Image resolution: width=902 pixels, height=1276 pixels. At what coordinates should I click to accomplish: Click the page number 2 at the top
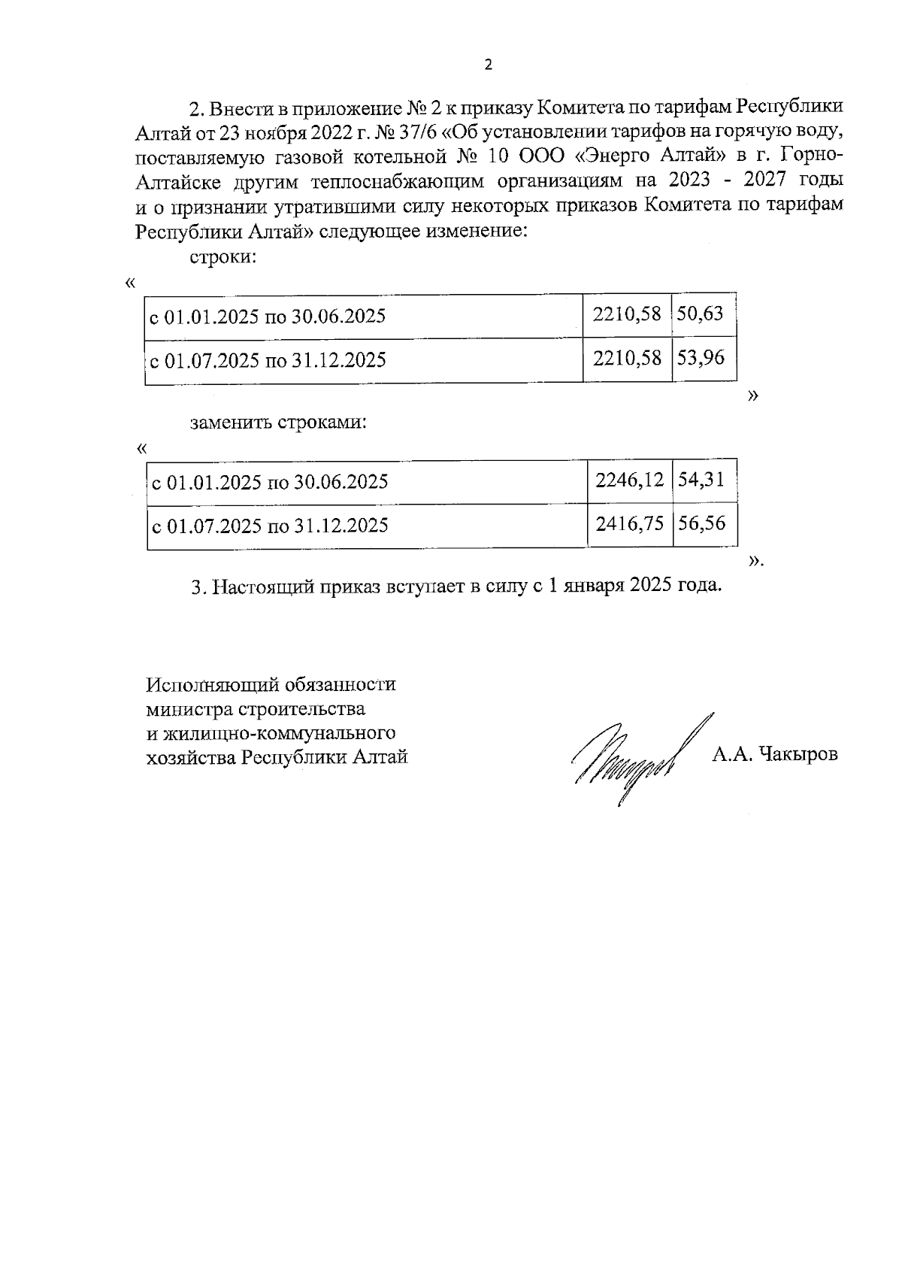[488, 65]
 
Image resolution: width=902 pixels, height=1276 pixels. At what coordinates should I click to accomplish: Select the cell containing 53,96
[701, 358]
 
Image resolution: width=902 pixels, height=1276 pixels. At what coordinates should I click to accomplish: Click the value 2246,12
[629, 479]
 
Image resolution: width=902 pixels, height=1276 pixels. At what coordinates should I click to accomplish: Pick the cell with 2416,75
[630, 523]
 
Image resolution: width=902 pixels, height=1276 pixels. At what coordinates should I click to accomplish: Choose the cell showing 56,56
[702, 523]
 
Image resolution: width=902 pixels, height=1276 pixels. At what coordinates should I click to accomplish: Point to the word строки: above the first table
[223, 256]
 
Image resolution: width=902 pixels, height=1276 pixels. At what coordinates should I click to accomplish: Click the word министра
[189, 709]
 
